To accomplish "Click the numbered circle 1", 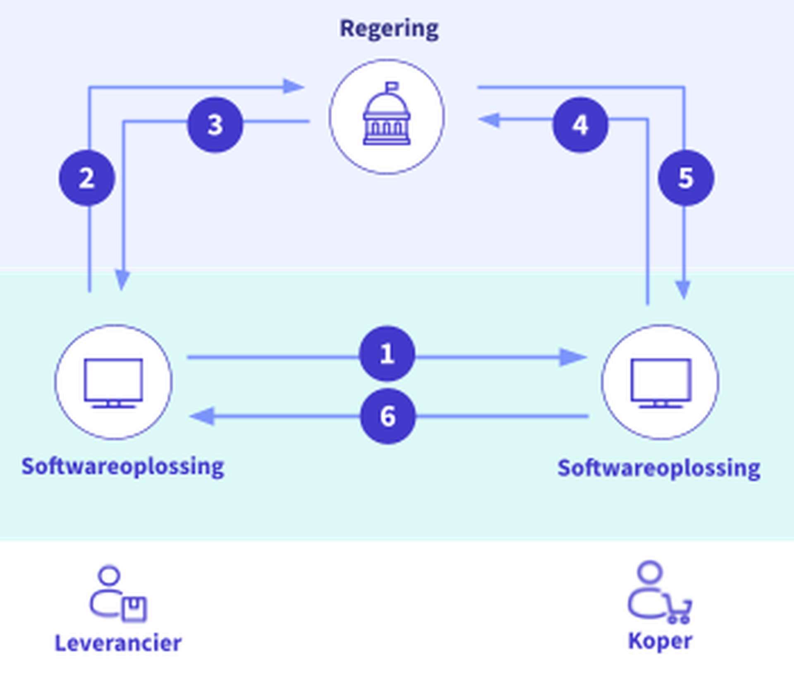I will (387, 354).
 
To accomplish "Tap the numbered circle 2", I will (87, 178).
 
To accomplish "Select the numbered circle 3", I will (215, 125).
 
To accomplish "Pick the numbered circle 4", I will (580, 125).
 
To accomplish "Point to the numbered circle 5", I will (686, 178).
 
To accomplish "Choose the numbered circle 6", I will (387, 416).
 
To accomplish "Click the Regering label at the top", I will (389, 29).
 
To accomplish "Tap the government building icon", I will (387, 117).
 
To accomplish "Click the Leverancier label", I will (118, 643).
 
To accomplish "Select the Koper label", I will (660, 641).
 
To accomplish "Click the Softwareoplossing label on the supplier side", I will (123, 467).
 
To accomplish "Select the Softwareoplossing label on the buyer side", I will (659, 468).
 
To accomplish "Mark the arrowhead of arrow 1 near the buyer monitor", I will (573, 357).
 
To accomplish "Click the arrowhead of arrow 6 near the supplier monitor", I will (203, 416).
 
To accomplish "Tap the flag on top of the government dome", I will (392, 86).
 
